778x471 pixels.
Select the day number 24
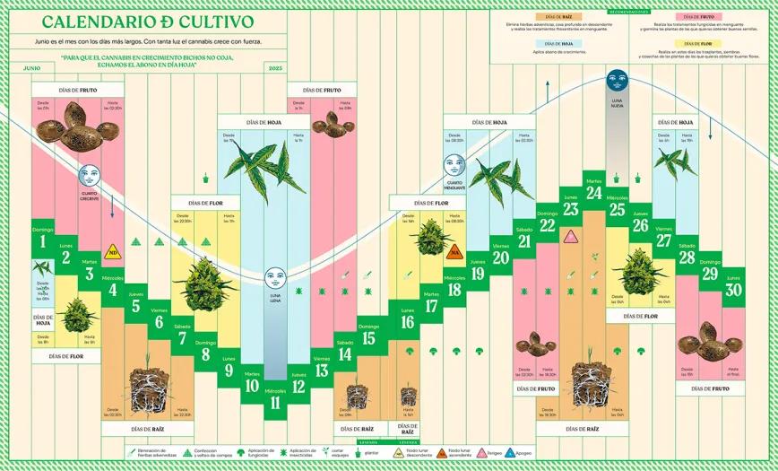coord(593,193)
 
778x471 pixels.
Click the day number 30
coord(733,290)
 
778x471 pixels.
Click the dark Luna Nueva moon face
coord(616,79)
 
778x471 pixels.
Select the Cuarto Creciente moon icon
coord(88,176)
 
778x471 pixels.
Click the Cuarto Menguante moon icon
coord(454,165)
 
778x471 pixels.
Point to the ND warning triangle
coord(113,253)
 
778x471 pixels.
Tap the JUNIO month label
coord(32,68)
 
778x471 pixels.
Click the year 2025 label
coord(275,68)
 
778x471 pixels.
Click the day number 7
coord(183,338)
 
